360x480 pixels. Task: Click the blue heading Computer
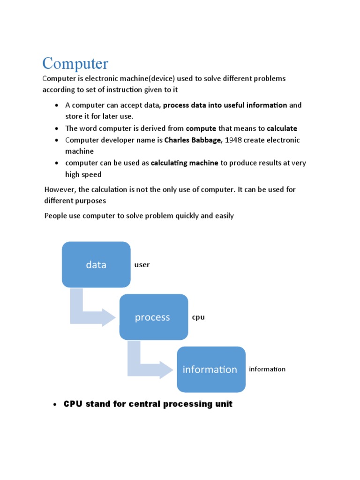(75, 64)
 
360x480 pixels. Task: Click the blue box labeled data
(96, 264)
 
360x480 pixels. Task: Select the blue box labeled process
(153, 317)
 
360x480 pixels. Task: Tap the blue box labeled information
(210, 369)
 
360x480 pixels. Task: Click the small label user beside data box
(142, 265)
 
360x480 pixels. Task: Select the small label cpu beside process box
(198, 317)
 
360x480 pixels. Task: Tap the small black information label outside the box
(267, 369)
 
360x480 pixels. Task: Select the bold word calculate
(282, 128)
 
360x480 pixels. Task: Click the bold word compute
(201, 128)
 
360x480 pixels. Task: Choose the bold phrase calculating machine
(185, 163)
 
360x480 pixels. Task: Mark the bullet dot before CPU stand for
(55, 405)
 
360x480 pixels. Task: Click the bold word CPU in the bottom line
(73, 404)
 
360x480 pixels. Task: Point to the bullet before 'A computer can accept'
(56, 105)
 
